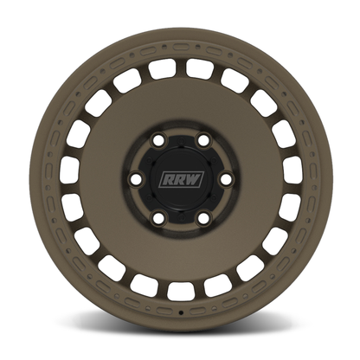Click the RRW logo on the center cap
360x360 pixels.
[182, 179]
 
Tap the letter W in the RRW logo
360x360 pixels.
[194, 179]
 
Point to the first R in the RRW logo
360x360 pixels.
[168, 179]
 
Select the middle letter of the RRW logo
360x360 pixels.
[180, 179]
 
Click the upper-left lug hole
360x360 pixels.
[157, 140]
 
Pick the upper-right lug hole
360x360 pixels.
[203, 140]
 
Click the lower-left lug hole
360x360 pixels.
[157, 218]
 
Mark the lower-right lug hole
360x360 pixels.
[203, 218]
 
